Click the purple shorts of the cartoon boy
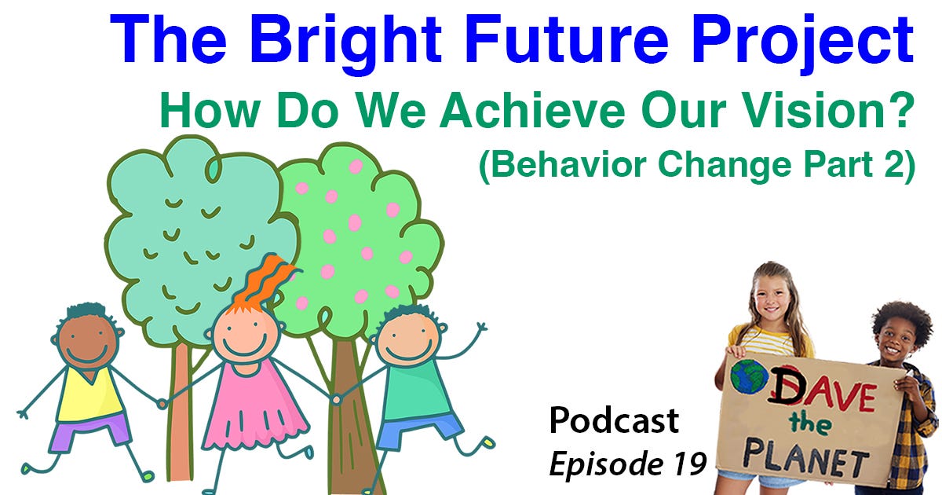(89, 432)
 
